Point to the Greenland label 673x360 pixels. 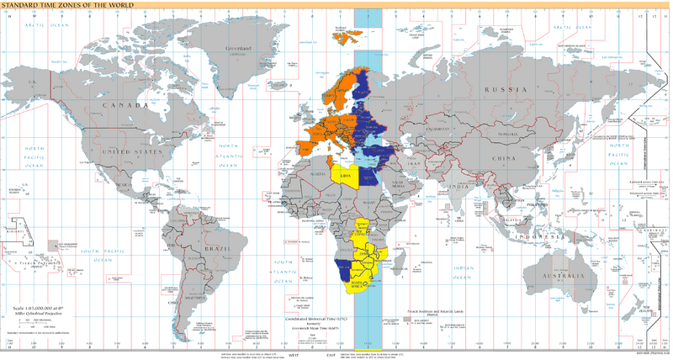click(x=236, y=50)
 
